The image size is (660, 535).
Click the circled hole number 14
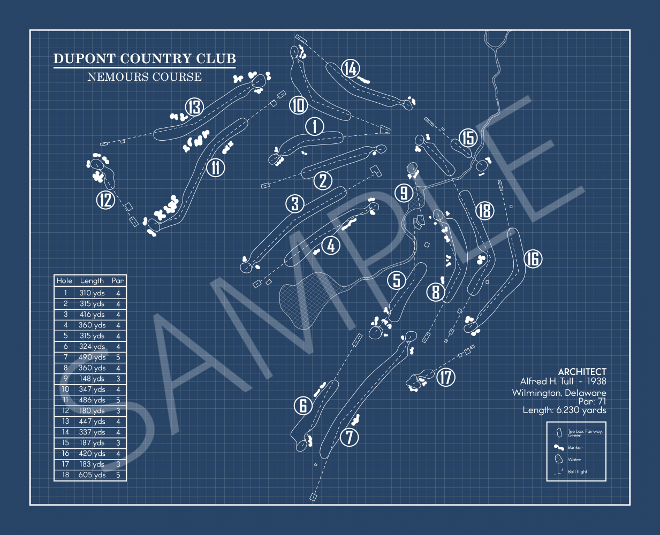click(350, 68)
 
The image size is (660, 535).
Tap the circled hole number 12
click(106, 200)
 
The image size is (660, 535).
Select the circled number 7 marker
click(350, 437)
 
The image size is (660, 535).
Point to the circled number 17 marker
click(446, 377)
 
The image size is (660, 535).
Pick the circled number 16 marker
click(533, 259)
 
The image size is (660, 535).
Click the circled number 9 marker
click(404, 193)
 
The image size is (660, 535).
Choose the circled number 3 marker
click(295, 203)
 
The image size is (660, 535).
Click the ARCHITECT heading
click(582, 371)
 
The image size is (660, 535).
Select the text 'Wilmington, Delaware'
click(559, 393)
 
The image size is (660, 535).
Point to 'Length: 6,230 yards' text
click(564, 410)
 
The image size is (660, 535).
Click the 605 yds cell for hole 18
click(92, 475)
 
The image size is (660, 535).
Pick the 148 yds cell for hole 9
click(92, 379)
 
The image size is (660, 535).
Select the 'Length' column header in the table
click(92, 280)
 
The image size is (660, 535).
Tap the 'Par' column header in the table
click(118, 280)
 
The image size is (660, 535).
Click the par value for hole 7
click(118, 357)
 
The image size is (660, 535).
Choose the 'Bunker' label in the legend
click(575, 447)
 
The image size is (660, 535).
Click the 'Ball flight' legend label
click(578, 472)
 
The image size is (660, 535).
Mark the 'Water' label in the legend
click(574, 460)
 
